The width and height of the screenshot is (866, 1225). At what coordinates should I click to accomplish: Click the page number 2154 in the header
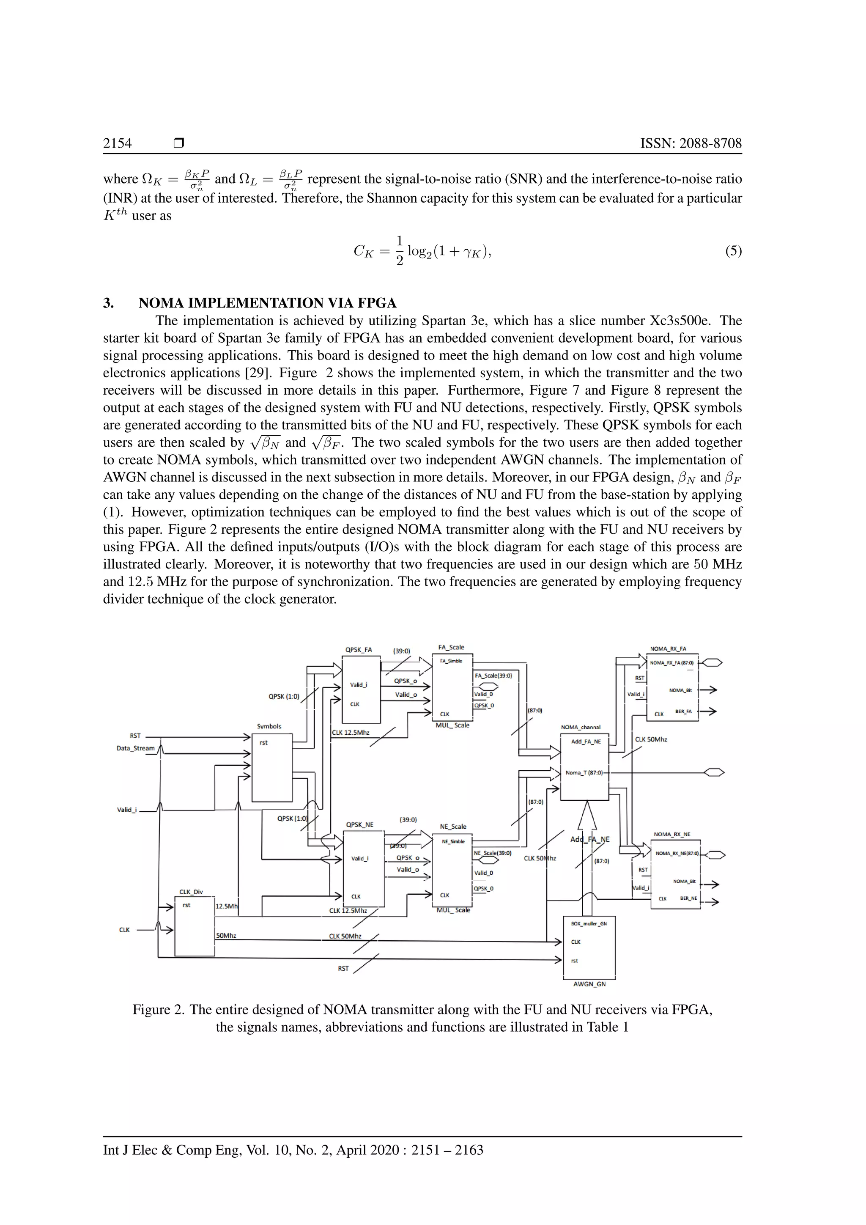point(117,143)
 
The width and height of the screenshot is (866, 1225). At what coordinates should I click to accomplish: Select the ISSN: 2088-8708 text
point(691,143)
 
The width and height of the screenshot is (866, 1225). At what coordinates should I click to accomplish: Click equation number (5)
point(733,251)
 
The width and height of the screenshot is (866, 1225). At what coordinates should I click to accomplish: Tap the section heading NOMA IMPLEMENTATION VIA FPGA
point(267,303)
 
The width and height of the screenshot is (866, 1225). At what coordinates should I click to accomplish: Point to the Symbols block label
point(269,726)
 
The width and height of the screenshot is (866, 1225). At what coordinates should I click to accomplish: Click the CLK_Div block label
point(191,892)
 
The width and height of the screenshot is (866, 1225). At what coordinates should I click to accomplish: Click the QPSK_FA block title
point(358,650)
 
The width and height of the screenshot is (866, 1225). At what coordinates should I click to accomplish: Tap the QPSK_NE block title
point(360,824)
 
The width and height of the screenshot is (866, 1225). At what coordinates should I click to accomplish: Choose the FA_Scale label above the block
point(451,647)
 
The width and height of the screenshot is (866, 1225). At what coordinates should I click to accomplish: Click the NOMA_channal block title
point(581,727)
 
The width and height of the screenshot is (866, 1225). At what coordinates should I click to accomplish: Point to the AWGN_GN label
point(589,984)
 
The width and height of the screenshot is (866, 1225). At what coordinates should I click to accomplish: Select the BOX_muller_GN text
point(589,923)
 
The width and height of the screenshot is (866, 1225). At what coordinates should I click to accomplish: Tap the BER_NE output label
point(688,898)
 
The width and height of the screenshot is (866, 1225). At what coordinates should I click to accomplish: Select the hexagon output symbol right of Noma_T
point(715,772)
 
